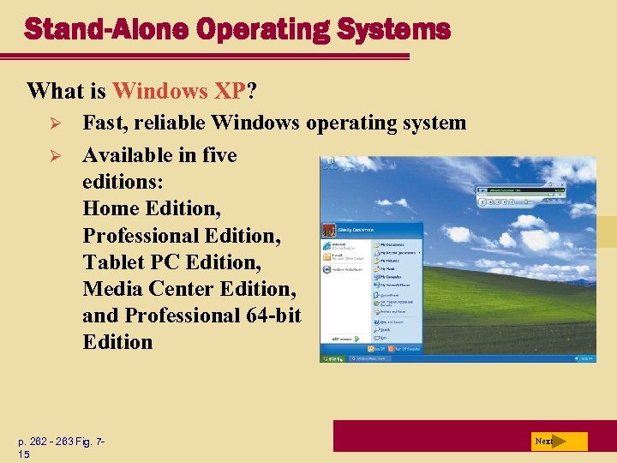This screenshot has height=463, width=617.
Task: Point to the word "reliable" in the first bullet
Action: click(x=170, y=123)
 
